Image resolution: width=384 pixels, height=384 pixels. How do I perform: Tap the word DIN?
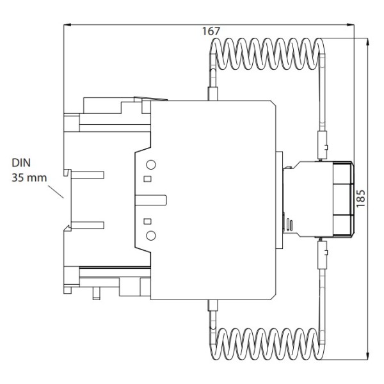pyautogui.click(x=22, y=163)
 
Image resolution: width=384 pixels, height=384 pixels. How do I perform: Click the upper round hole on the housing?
pyautogui.click(x=151, y=164)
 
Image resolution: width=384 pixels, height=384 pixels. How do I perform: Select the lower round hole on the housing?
pyautogui.click(x=151, y=236)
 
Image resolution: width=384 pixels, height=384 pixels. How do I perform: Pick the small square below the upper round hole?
pyautogui.click(x=148, y=179)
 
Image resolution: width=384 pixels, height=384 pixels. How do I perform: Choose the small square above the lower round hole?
pyautogui.click(x=148, y=221)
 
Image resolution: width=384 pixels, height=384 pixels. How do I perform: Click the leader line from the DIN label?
pyautogui.click(x=57, y=190)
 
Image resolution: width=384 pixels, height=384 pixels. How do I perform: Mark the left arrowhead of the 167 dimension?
pyautogui.click(x=66, y=25)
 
